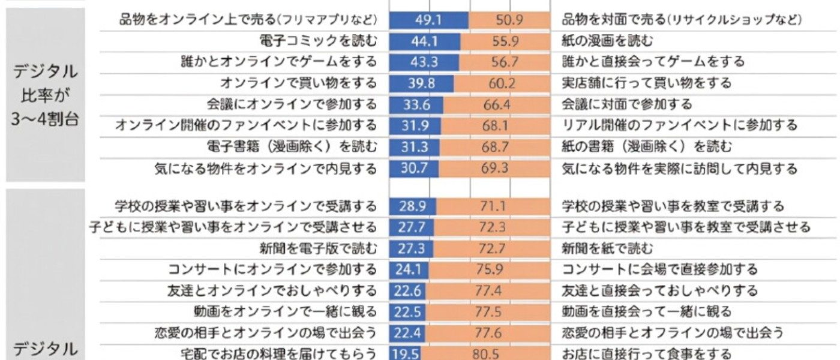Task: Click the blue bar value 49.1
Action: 428,20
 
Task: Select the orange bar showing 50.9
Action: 509,20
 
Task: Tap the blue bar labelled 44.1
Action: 424,41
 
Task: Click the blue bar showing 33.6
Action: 416,104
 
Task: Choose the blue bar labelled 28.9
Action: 412,207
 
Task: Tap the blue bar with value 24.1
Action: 408,269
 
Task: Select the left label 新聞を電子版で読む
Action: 319,248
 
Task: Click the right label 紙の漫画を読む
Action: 607,41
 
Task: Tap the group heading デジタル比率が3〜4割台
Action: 46,94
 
